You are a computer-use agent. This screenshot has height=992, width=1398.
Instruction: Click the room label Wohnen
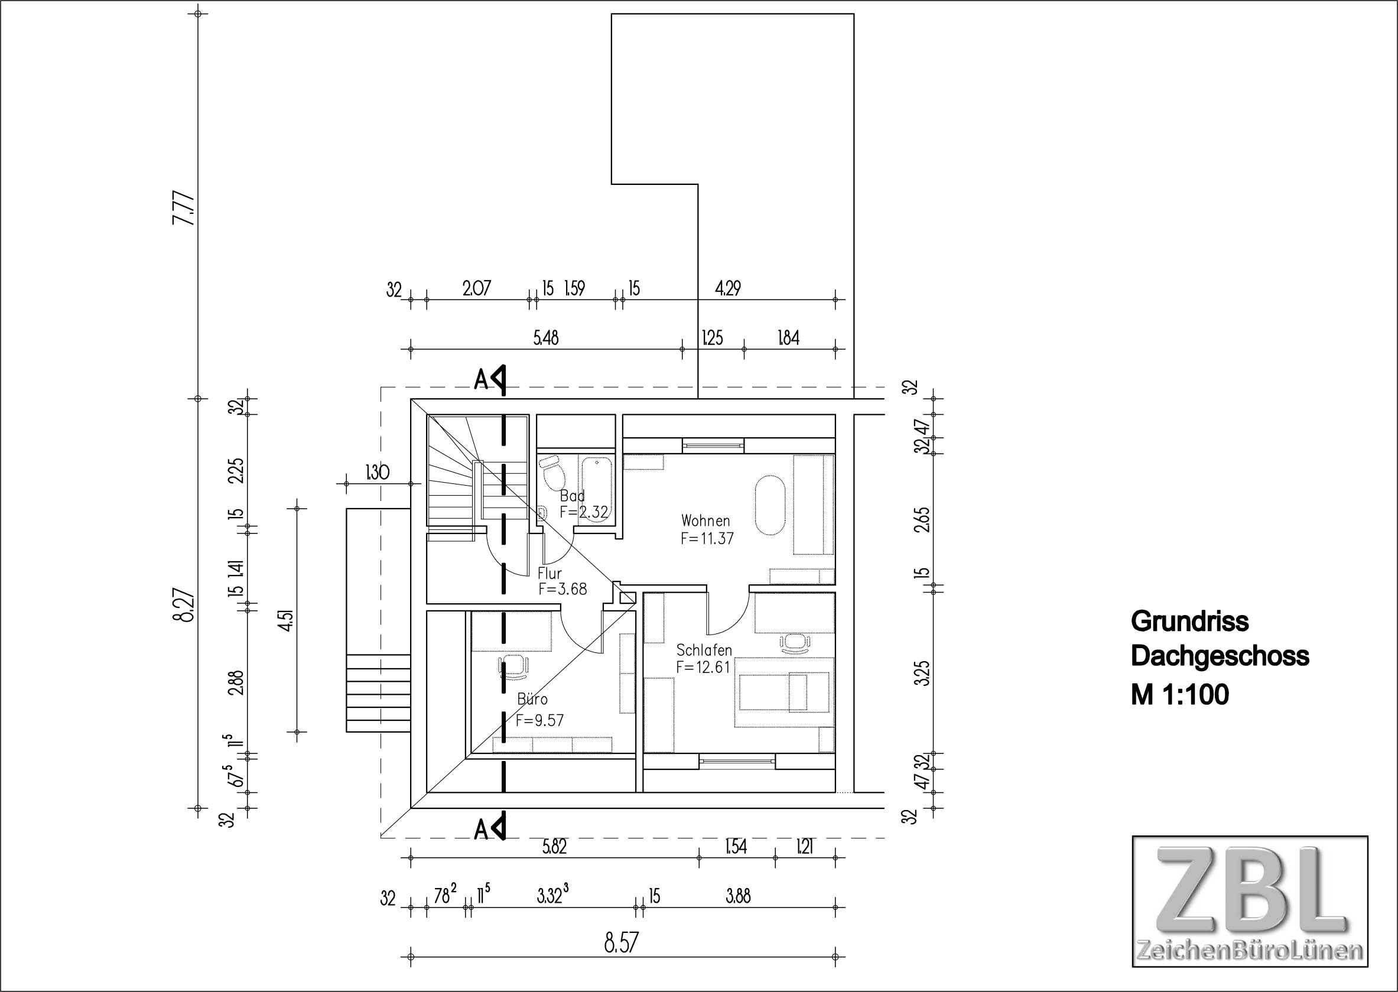(x=705, y=521)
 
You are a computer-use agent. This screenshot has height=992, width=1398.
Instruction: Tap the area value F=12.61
(x=703, y=667)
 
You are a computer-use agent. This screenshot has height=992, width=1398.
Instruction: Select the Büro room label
(x=532, y=699)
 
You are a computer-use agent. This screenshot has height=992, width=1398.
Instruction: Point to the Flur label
(x=550, y=574)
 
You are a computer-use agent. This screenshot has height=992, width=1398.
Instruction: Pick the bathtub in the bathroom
(x=597, y=487)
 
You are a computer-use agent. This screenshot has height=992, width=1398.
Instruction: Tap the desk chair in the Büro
(x=513, y=667)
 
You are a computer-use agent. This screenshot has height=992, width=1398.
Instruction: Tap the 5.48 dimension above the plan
(x=546, y=338)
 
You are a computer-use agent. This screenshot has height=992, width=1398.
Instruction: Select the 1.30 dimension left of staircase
(x=377, y=472)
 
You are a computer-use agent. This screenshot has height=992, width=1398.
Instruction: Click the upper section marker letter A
(x=482, y=380)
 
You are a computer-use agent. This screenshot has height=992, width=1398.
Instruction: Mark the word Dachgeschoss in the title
(x=1220, y=656)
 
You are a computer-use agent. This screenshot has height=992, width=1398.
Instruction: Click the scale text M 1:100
(x=1180, y=695)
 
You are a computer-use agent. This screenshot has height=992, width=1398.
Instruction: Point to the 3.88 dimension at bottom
(x=738, y=896)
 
